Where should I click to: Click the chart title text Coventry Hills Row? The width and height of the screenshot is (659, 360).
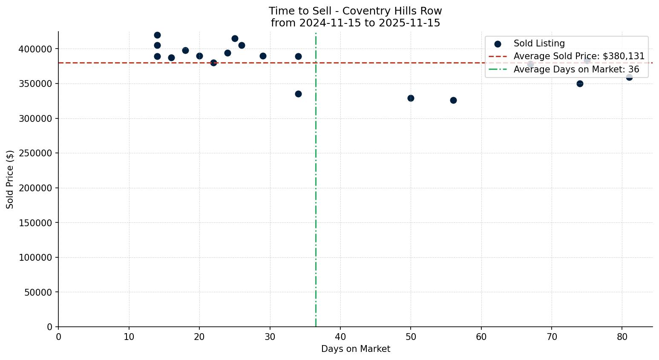355,11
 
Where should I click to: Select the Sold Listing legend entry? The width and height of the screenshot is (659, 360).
539,43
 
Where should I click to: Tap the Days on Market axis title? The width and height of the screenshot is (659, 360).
355,349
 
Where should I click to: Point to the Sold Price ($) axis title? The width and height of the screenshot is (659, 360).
10,179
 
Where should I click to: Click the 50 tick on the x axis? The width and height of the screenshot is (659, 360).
411,337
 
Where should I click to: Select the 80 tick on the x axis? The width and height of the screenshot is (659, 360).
622,337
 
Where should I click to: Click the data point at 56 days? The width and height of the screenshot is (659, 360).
453,100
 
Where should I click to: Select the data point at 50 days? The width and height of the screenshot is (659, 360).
411,98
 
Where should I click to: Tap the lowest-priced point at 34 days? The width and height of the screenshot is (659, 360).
298,94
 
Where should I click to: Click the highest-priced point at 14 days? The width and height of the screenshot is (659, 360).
157,35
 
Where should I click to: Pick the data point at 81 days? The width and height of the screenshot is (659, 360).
629,77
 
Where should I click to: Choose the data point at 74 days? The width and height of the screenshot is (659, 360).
580,84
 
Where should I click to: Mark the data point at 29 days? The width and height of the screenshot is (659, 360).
263,56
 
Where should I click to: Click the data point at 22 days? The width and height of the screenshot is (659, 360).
213,63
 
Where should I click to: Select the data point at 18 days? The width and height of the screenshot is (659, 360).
185,50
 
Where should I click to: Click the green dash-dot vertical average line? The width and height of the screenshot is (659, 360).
316,192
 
